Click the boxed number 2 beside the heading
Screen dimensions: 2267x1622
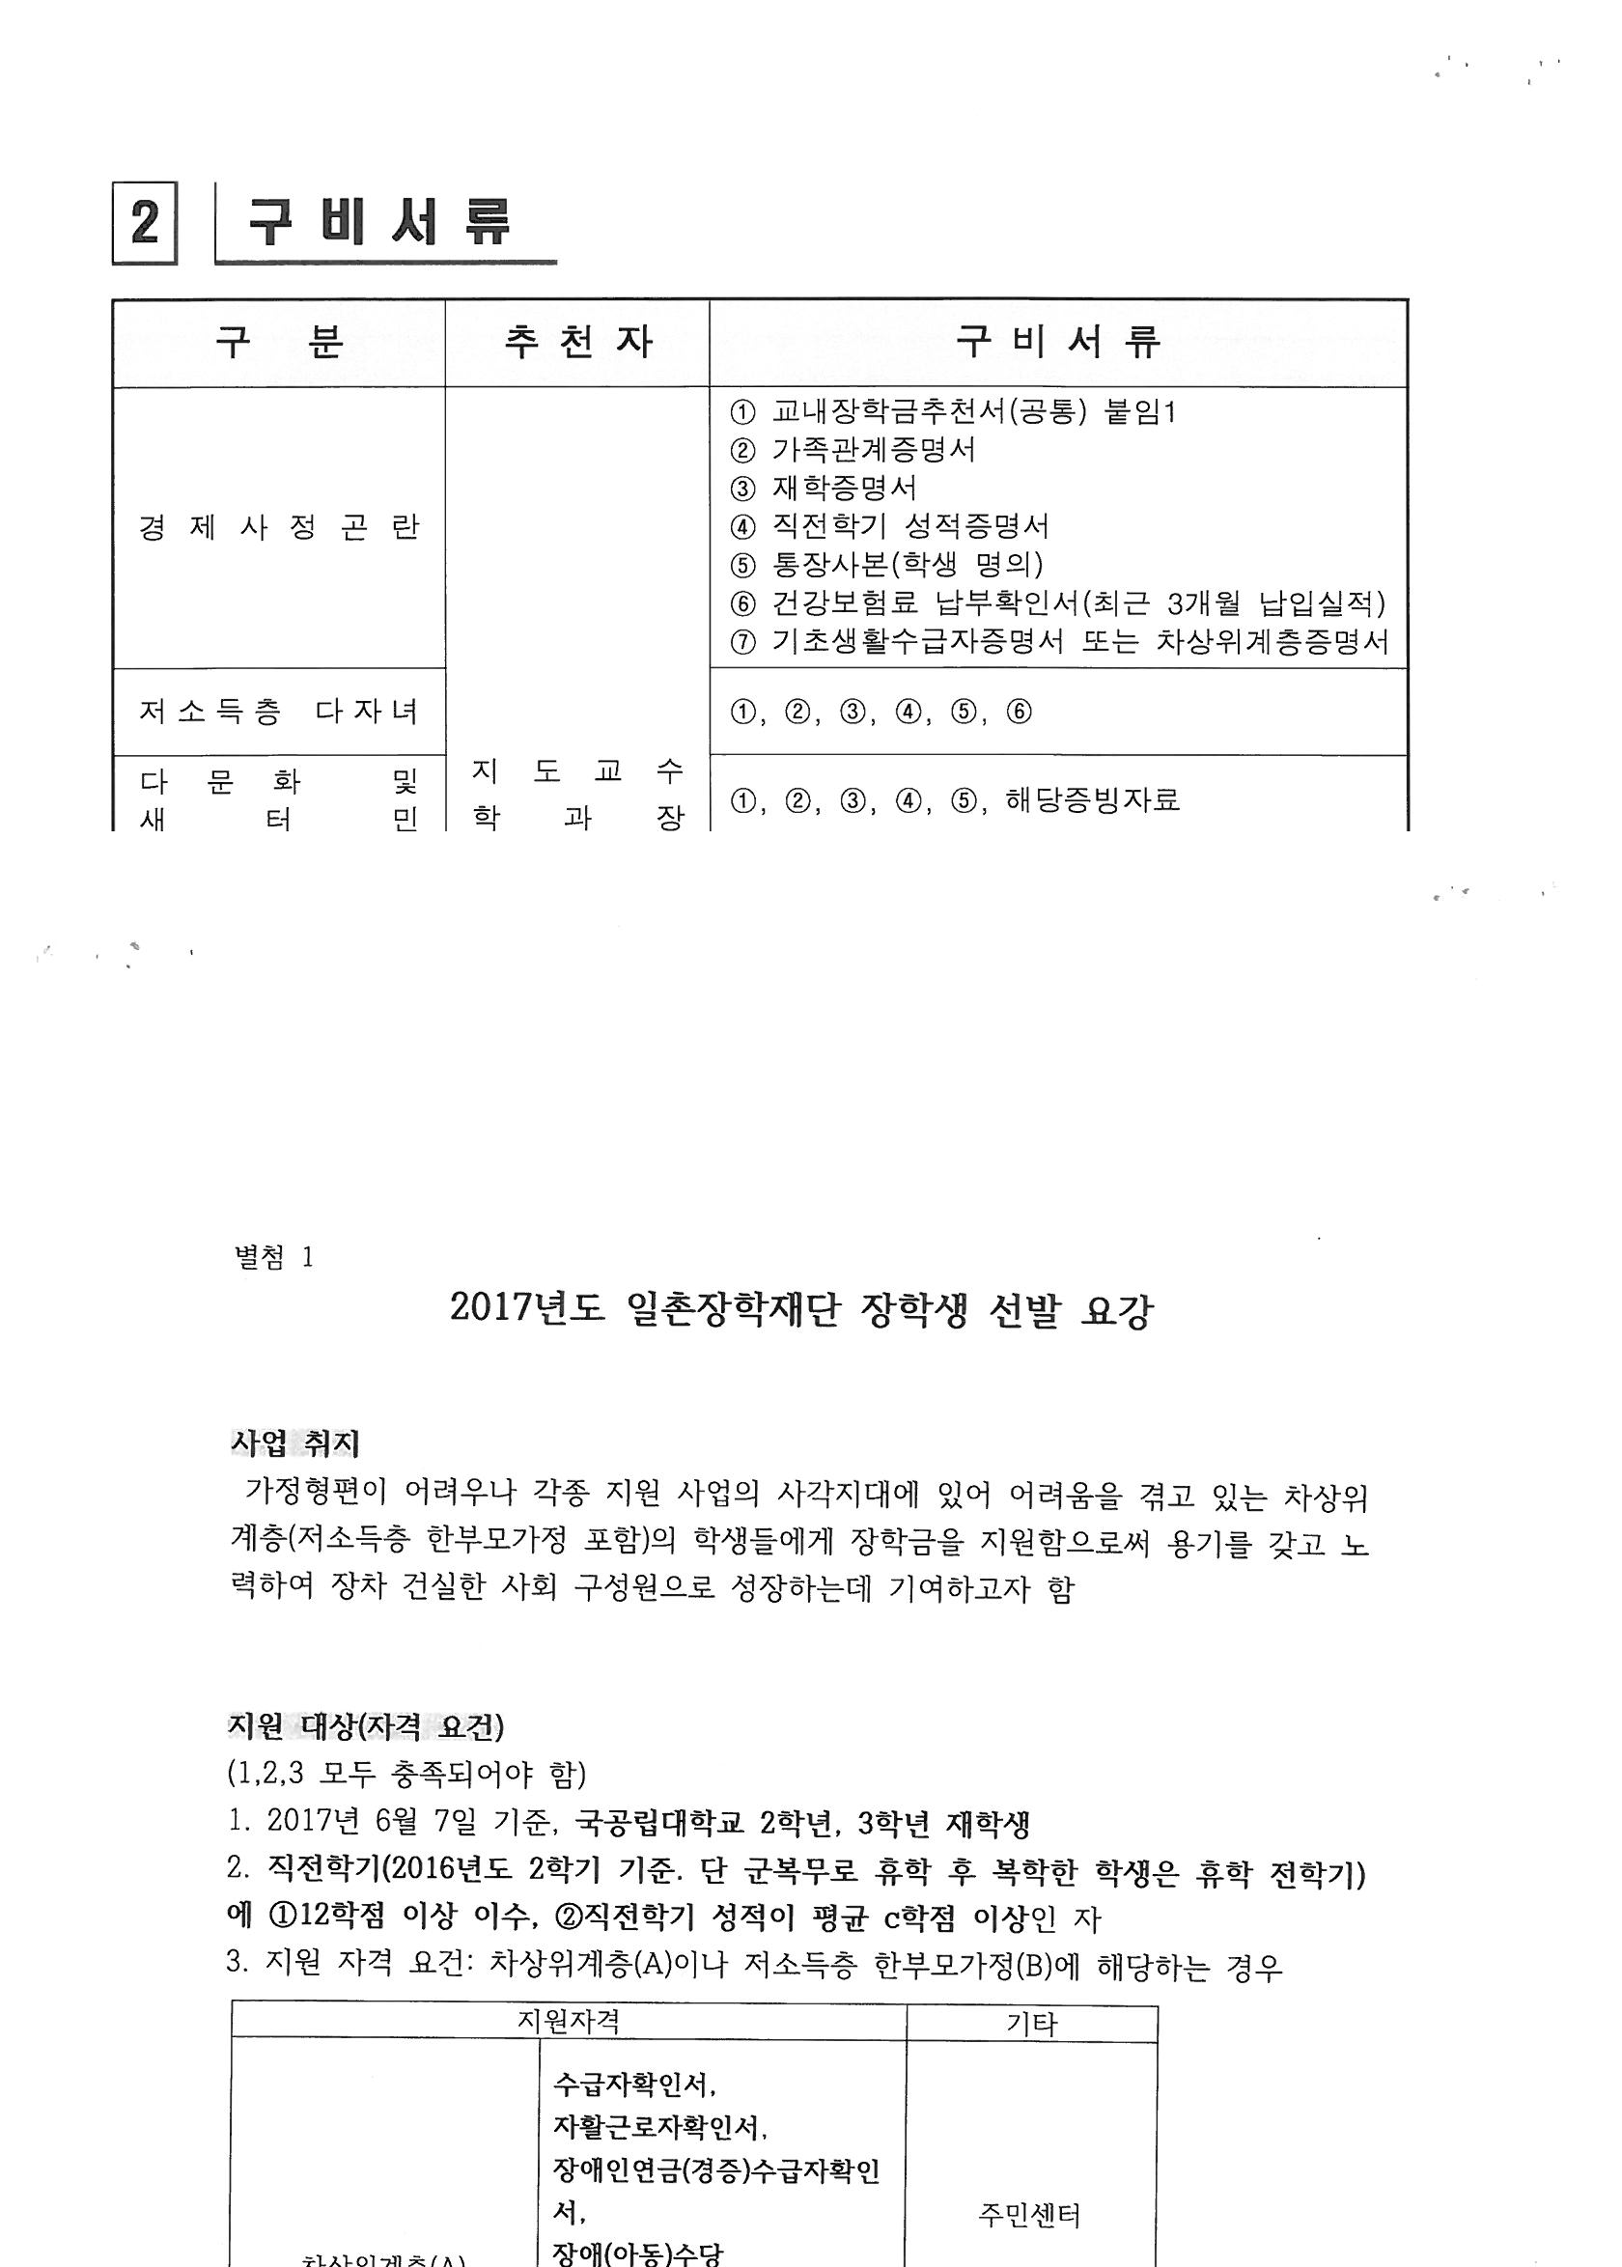[x=145, y=223]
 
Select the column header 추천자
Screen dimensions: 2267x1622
[x=577, y=344]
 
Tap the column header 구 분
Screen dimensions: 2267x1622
[x=279, y=344]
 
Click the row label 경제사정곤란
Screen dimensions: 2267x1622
[x=279, y=527]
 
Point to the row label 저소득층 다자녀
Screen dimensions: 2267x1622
[x=279, y=712]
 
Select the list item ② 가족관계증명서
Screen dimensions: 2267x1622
[x=853, y=450]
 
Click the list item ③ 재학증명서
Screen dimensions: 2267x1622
[x=823, y=489]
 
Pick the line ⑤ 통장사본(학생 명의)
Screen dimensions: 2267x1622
[x=887, y=565]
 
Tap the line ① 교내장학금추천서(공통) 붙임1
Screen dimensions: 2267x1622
[x=953, y=412]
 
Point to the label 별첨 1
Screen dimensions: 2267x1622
[x=273, y=1257]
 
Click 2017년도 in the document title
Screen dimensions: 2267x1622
[x=526, y=1308]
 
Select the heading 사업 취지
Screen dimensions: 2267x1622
[x=295, y=1442]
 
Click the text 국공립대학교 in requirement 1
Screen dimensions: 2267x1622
[x=660, y=1824]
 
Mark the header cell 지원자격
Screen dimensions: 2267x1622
[x=569, y=2022]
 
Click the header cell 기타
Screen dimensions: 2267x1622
[x=1031, y=2024]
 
